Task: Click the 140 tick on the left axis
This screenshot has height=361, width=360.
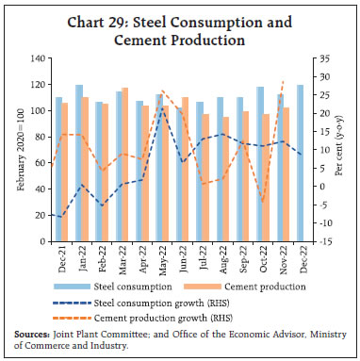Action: (x=41, y=58)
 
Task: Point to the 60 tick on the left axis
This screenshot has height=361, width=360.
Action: (x=42, y=163)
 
